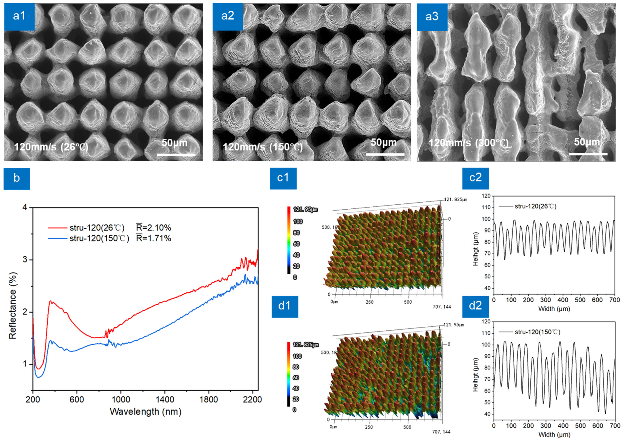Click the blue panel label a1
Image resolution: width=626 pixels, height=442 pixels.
click(19, 16)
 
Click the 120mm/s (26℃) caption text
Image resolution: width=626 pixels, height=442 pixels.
click(51, 147)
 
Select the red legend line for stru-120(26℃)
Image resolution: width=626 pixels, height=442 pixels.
click(57, 228)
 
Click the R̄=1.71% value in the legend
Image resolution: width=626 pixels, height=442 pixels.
click(154, 238)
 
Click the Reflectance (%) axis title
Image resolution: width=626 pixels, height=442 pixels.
click(13, 306)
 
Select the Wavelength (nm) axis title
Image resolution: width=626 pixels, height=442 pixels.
click(146, 411)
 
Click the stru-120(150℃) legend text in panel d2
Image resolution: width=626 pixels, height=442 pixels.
click(537, 332)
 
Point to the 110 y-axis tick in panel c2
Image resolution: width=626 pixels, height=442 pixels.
click(486, 207)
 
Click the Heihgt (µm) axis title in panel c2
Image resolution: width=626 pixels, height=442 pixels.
click(476, 249)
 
